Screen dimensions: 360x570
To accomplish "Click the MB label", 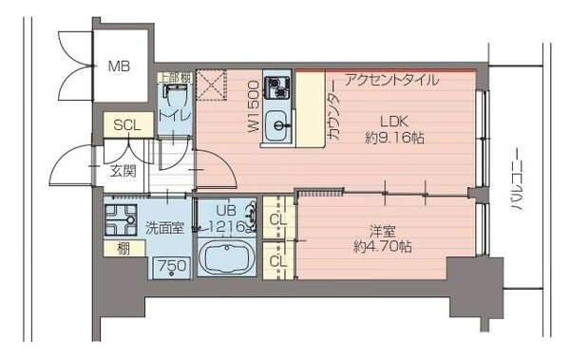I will tap(119, 66).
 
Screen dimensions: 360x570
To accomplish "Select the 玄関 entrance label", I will tap(122, 171).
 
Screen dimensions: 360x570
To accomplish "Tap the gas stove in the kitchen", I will tap(276, 86).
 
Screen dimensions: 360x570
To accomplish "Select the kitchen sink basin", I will tap(276, 125).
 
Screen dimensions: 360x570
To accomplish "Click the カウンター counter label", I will tap(333, 117).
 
